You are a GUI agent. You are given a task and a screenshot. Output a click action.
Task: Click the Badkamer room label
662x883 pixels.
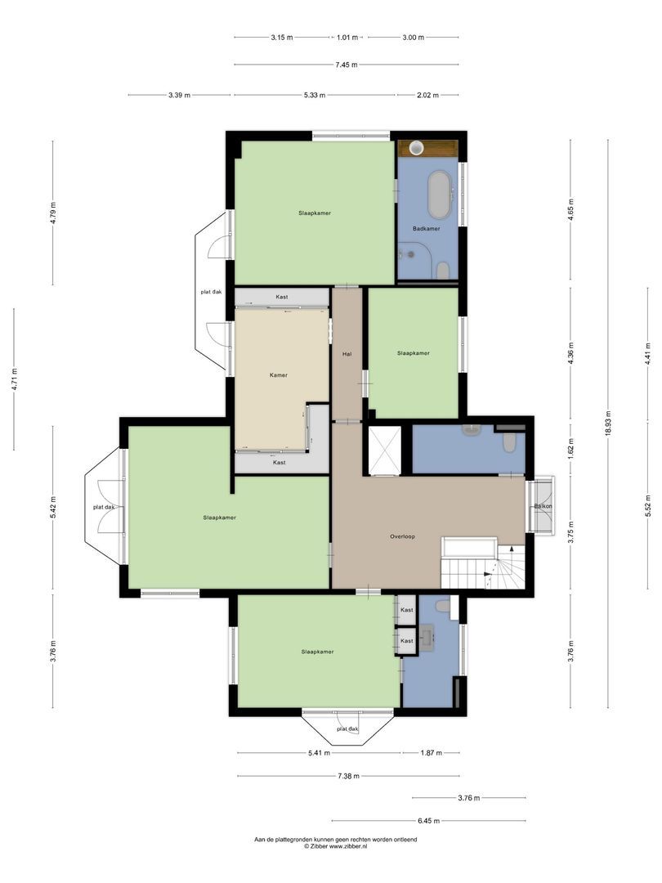pos(426,229)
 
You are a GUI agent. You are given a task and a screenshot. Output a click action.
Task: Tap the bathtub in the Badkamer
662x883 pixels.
pos(440,195)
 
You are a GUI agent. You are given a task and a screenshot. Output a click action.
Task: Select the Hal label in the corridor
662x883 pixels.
pos(347,354)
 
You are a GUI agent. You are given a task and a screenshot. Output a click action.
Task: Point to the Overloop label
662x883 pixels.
pos(402,536)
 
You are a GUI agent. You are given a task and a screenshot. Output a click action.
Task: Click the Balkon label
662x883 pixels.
pos(543,506)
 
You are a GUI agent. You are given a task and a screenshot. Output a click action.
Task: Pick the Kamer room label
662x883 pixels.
pos(279,375)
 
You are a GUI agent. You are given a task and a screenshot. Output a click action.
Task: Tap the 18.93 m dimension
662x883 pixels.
pos(609,423)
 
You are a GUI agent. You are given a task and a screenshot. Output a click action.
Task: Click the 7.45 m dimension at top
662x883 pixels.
pos(347,65)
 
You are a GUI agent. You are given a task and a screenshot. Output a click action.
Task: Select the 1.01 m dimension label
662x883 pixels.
pos(347,38)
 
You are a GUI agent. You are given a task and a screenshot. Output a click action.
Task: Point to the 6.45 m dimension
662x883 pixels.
pos(429,821)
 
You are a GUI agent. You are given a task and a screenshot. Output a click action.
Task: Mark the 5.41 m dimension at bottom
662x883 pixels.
pos(320,753)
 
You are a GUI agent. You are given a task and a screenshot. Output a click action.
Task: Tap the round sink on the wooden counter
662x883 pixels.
pos(416,148)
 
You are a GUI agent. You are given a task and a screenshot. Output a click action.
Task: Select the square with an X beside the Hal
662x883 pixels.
pos(384,451)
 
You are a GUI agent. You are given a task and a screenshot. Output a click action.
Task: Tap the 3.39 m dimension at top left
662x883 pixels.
pos(180,95)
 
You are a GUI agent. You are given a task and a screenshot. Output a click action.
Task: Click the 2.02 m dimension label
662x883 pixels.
pos(427,95)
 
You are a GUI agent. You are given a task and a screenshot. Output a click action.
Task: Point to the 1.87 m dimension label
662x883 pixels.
pos(432,753)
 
